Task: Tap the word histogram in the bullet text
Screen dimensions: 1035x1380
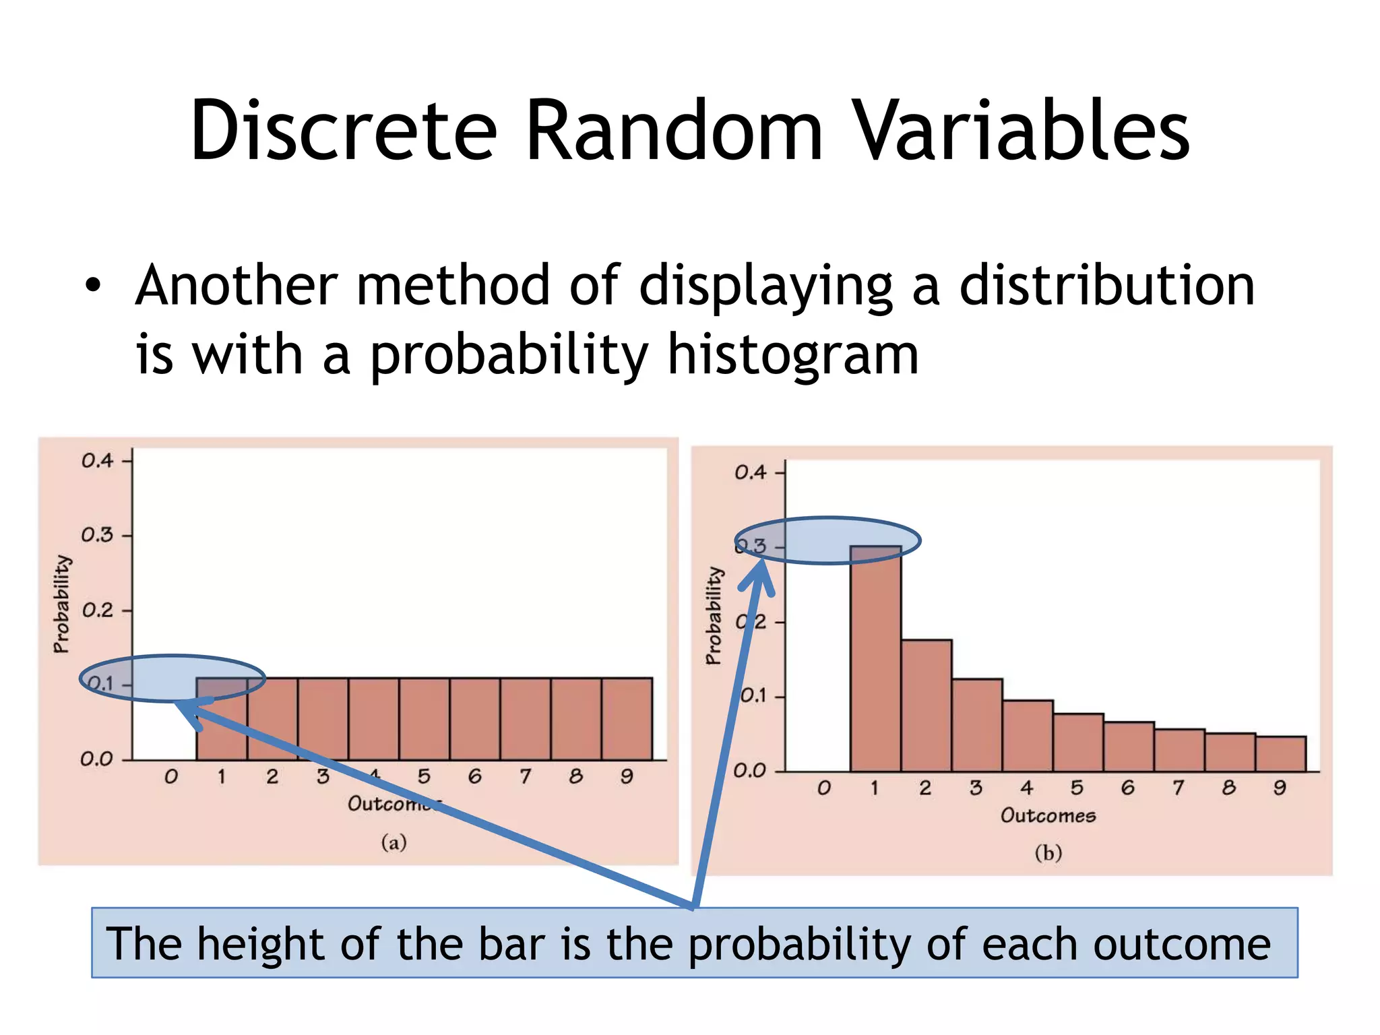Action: (x=793, y=355)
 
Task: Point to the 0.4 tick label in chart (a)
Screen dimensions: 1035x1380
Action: (x=98, y=461)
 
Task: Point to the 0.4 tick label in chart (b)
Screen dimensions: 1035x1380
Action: (x=751, y=472)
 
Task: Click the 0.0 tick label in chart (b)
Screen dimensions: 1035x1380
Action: (x=749, y=770)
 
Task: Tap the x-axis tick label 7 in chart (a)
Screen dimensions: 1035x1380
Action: (x=526, y=777)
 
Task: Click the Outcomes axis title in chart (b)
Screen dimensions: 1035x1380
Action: (x=1048, y=815)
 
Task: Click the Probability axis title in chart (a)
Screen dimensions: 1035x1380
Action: (x=61, y=604)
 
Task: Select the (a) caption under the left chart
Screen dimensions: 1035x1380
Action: (x=394, y=842)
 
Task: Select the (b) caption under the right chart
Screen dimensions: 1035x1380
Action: (x=1048, y=853)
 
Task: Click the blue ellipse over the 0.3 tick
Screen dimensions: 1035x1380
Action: (x=827, y=540)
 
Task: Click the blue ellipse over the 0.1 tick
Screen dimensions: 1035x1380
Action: (x=172, y=678)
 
